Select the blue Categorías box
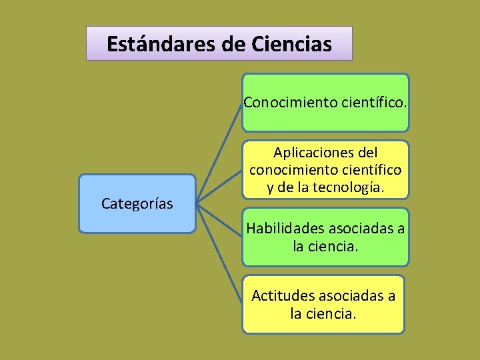[x=137, y=204]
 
